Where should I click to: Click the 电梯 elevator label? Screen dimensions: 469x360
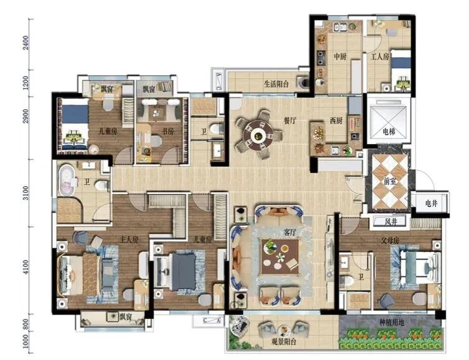pos(389,132)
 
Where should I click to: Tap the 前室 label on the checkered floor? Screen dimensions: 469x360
pos(389,181)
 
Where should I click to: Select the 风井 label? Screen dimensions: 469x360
pos(391,222)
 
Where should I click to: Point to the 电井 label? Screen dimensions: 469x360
pos(431,204)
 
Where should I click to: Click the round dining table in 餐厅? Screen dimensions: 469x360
pos(258,136)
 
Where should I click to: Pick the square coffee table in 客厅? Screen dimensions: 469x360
pos(280,256)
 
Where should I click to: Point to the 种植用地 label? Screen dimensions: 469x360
pos(391,322)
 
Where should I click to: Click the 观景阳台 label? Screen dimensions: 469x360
pos(283,341)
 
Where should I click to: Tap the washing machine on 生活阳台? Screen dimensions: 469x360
pos(304,82)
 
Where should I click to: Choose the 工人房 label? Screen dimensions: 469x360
pos(380,56)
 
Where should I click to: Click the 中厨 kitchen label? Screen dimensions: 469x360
pos(340,56)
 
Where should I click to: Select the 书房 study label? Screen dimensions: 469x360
pos(168,131)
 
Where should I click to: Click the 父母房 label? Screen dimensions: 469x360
pos(390,240)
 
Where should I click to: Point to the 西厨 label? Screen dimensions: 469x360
pos(335,120)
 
